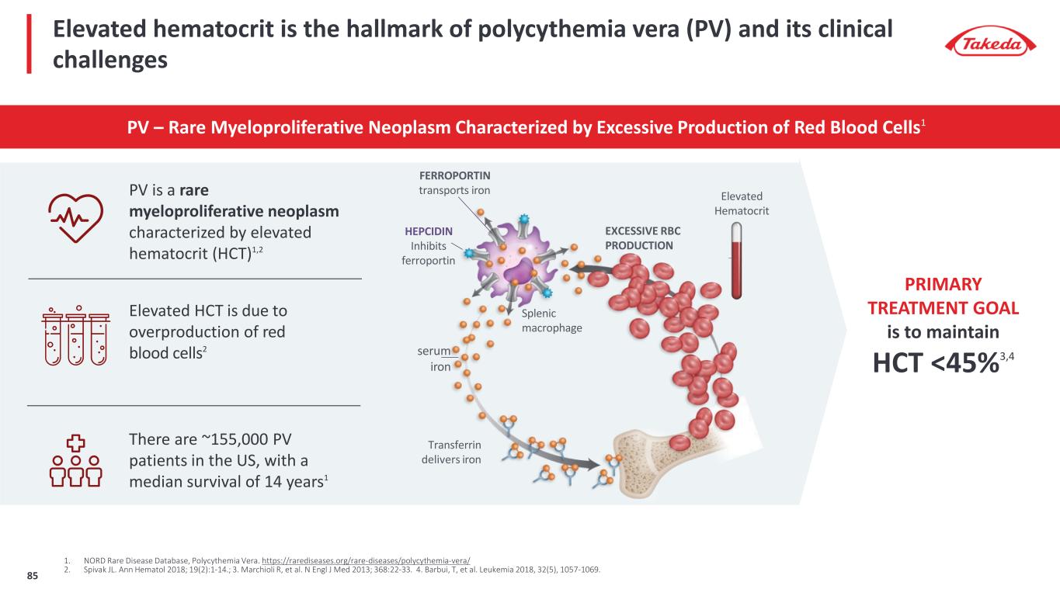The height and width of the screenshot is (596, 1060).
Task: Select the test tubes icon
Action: tap(75, 334)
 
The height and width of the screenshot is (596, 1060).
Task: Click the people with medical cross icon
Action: tap(75, 460)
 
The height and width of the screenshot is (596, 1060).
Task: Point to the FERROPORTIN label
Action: tap(454, 175)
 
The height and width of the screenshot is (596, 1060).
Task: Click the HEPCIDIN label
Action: tap(429, 231)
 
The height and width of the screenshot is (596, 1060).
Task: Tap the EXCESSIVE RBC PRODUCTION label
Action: tap(638, 238)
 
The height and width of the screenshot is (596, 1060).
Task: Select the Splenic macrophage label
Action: tap(551, 321)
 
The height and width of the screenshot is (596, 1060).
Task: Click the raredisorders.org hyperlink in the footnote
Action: tap(366, 560)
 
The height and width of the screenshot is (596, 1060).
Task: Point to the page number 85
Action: tap(33, 575)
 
